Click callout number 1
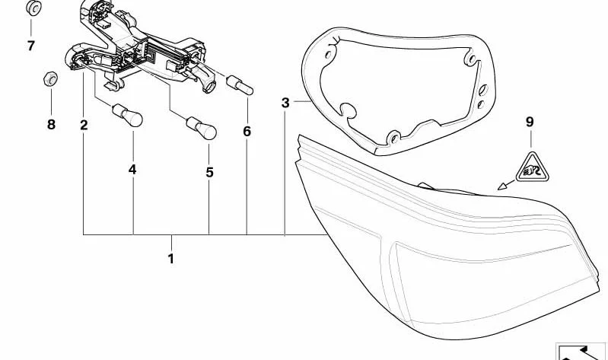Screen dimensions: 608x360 pyautogui.click(x=171, y=258)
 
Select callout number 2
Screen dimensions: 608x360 pyautogui.click(x=84, y=125)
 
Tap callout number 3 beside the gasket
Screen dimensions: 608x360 pyautogui.click(x=285, y=103)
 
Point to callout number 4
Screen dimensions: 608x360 pyautogui.click(x=132, y=170)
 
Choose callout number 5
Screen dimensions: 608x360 pyautogui.click(x=209, y=172)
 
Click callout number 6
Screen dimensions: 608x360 pyautogui.click(x=247, y=132)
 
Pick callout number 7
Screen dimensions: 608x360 pyautogui.click(x=31, y=46)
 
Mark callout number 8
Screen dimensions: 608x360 pyautogui.click(x=51, y=125)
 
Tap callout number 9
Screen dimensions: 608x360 pyautogui.click(x=530, y=122)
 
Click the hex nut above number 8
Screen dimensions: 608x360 pyautogui.click(x=51, y=79)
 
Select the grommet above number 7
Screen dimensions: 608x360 pyautogui.click(x=34, y=8)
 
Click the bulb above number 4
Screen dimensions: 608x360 pyautogui.click(x=128, y=116)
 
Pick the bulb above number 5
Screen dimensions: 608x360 pyautogui.click(x=201, y=128)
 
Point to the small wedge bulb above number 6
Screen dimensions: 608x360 pyautogui.click(x=240, y=85)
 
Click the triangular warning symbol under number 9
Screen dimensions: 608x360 pyautogui.click(x=532, y=169)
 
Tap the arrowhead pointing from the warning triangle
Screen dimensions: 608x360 pyautogui.click(x=502, y=186)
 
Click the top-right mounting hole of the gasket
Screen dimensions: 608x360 pyautogui.click(x=472, y=59)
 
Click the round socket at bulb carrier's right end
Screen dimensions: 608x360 pyautogui.click(x=209, y=86)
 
